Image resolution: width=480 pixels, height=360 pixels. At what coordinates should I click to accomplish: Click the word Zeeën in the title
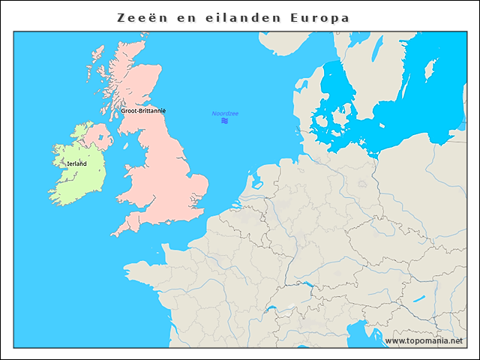[x=145, y=16]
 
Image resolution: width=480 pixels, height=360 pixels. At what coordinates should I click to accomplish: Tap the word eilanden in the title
[x=231, y=16]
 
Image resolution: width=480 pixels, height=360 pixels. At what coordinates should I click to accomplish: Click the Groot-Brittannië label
[x=143, y=110]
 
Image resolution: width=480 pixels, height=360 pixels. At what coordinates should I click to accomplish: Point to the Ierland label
[x=76, y=163]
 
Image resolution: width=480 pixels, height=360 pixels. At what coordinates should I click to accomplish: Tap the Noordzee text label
[x=224, y=113]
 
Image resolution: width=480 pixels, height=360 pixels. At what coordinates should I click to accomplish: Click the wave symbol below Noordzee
[x=224, y=120]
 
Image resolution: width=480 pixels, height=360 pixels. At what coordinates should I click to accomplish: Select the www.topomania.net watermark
[x=424, y=340]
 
